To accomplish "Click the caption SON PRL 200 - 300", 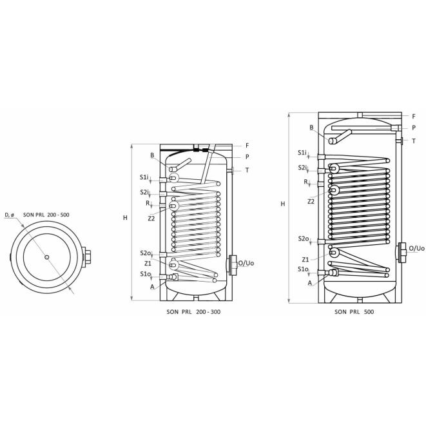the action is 193,312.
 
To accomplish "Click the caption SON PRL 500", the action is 354,312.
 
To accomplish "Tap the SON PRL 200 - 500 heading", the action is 46,215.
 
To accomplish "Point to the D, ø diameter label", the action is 10,215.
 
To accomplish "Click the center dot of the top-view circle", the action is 47,257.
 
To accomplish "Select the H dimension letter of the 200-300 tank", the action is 125,218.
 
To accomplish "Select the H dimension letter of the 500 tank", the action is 283,204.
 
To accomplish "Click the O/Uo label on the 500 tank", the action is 416,248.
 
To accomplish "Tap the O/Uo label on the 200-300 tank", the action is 246,263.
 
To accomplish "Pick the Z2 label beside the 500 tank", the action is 311,202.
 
